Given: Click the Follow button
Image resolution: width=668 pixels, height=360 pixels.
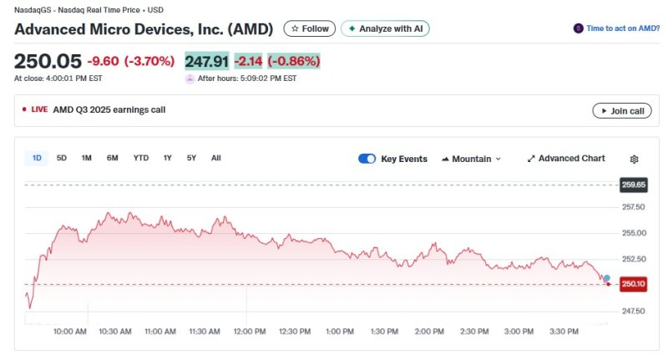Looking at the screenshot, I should coord(310,28).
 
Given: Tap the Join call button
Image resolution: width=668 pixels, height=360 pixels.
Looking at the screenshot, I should coord(622,110).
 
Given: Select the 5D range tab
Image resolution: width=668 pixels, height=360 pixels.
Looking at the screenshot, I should coord(62,158).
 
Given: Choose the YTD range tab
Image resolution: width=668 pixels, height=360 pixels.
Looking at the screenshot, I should coord(141,158).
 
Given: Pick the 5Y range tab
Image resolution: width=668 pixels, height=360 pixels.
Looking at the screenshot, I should coord(191,158).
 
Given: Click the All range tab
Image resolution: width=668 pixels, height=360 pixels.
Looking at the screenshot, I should coord(216,158).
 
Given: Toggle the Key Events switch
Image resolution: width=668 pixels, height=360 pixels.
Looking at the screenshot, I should coord(367,159).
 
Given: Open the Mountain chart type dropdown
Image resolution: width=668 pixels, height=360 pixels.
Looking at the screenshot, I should coord(471,159).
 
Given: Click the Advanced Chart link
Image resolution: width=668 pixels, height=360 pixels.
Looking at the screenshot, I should coord(566,159).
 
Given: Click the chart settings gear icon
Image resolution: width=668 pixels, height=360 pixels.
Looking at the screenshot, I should coord(634,159).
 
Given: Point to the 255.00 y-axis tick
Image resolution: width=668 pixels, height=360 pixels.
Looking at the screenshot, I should coord(634,233).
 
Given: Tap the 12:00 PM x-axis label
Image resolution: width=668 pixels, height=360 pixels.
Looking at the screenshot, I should coord(250,332).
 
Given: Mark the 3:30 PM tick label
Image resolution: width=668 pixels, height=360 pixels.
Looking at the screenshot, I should coord(564,332).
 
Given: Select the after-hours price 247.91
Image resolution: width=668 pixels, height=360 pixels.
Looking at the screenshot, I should coord(206,61).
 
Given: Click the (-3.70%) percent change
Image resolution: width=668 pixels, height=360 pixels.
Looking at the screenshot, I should coord(149,61).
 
